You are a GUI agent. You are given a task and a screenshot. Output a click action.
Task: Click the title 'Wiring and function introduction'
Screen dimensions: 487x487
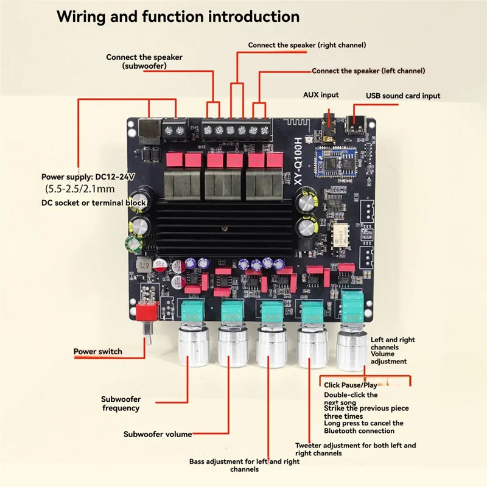click(x=178, y=16)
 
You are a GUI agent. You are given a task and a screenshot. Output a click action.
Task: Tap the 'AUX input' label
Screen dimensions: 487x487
click(x=321, y=95)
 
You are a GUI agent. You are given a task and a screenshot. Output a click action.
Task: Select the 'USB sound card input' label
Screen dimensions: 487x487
click(x=402, y=96)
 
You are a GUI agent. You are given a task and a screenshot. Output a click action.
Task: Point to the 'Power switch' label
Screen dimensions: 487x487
click(x=97, y=351)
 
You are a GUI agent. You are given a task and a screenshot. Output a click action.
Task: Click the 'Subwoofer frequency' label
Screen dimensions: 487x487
click(x=120, y=404)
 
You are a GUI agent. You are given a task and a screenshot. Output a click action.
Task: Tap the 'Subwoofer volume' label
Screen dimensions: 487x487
click(x=158, y=434)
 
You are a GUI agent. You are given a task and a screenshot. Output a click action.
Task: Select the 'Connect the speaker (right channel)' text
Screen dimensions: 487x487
click(x=307, y=45)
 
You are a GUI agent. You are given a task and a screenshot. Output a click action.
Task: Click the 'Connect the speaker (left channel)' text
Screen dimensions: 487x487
click(x=368, y=71)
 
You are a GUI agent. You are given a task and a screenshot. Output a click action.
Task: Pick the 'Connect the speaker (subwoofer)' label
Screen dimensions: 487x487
click(x=144, y=61)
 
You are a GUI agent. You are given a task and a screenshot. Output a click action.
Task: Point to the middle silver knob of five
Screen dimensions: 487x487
click(x=272, y=347)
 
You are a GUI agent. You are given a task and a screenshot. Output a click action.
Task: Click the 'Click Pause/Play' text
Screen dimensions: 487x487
click(x=350, y=385)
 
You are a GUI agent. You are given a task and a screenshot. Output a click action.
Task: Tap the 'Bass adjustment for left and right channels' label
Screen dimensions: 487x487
click(x=244, y=465)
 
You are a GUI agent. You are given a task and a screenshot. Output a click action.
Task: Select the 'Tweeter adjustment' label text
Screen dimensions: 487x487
click(x=356, y=449)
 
